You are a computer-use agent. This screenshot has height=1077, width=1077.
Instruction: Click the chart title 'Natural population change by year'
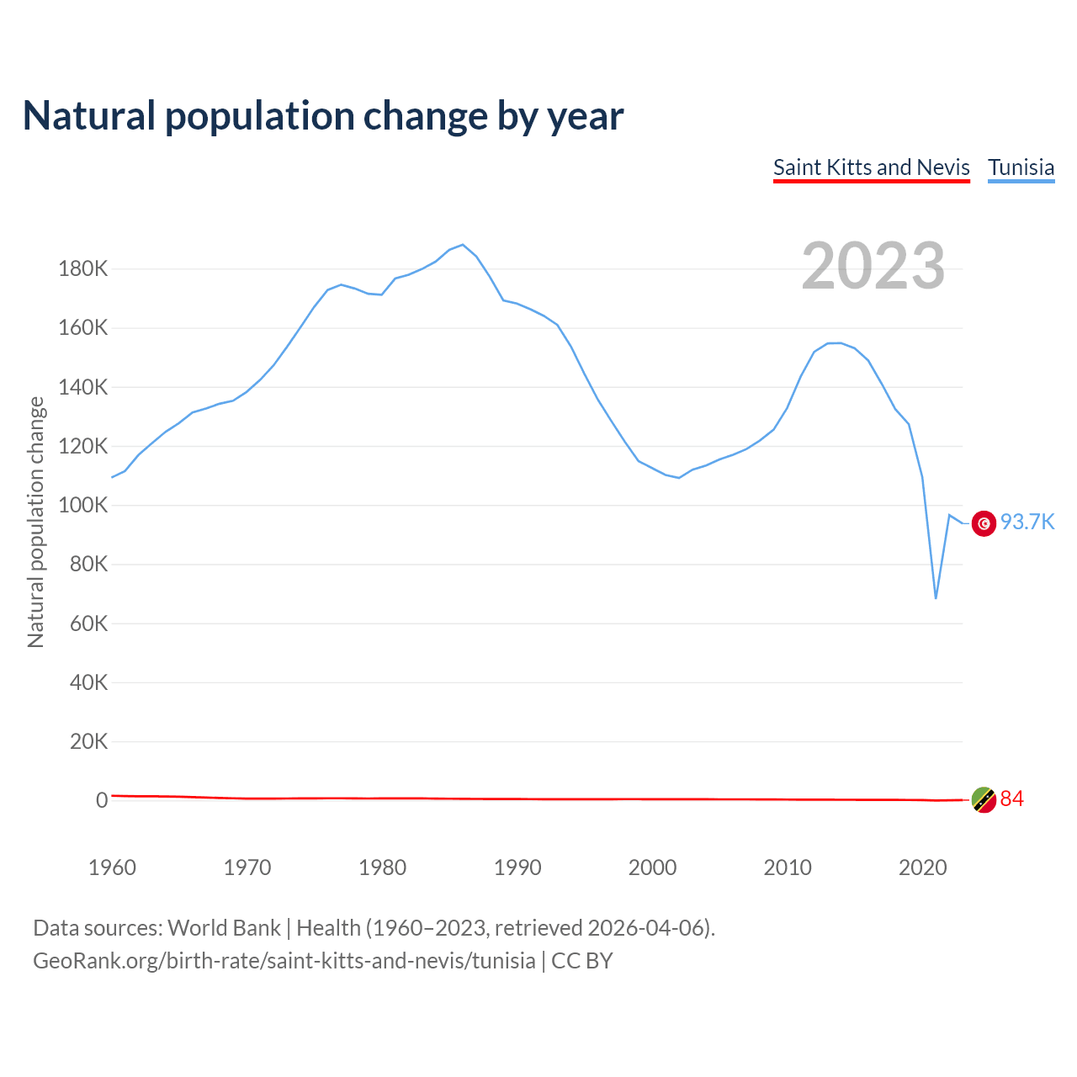pos(323,116)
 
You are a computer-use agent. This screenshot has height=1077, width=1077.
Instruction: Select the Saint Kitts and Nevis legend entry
pos(872,167)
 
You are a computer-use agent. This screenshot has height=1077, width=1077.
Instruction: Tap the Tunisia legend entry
pos(1021,167)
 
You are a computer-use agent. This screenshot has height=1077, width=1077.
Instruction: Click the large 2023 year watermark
pos(873,266)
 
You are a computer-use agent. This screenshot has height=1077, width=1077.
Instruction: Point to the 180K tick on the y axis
pos(83,269)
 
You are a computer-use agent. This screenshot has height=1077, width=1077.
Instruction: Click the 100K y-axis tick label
pos(83,506)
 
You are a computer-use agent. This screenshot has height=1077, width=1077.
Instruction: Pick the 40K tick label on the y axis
pos(88,682)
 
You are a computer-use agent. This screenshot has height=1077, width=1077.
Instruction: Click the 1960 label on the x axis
pos(112,867)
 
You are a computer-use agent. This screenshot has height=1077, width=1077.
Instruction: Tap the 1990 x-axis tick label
pos(517,867)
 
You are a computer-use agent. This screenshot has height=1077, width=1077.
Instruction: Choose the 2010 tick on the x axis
pos(788,867)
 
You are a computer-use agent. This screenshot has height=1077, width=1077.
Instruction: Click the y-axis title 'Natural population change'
pos(36,522)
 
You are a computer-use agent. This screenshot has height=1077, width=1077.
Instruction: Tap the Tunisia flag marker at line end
pos(984,523)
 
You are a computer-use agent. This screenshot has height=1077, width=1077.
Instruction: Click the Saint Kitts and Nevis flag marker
pos(984,799)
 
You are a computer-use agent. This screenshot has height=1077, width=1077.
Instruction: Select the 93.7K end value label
pos(1027,523)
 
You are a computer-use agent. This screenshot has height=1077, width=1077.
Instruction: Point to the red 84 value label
pos(1011,798)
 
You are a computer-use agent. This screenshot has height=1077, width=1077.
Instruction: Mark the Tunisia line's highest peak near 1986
pos(463,245)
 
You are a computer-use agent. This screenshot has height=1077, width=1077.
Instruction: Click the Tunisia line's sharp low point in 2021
pos(936,598)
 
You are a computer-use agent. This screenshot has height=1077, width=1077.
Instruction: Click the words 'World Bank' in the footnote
pos(224,928)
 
